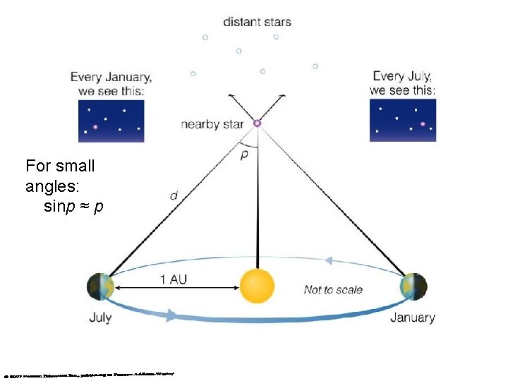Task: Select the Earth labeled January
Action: [413, 287]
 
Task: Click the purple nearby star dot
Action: [257, 123]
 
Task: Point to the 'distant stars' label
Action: [257, 21]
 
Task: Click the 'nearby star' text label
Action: [212, 124]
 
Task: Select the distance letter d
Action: [174, 195]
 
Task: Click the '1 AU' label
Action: [174, 279]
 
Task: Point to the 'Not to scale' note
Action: [333, 289]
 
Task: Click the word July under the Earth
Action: [100, 317]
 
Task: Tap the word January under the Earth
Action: [413, 317]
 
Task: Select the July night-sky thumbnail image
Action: [402, 120]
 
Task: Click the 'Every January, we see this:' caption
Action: [111, 84]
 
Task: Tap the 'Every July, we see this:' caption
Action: [402, 83]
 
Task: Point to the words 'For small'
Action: [60, 167]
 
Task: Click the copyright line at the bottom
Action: [88, 373]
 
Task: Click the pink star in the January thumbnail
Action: [95, 127]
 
